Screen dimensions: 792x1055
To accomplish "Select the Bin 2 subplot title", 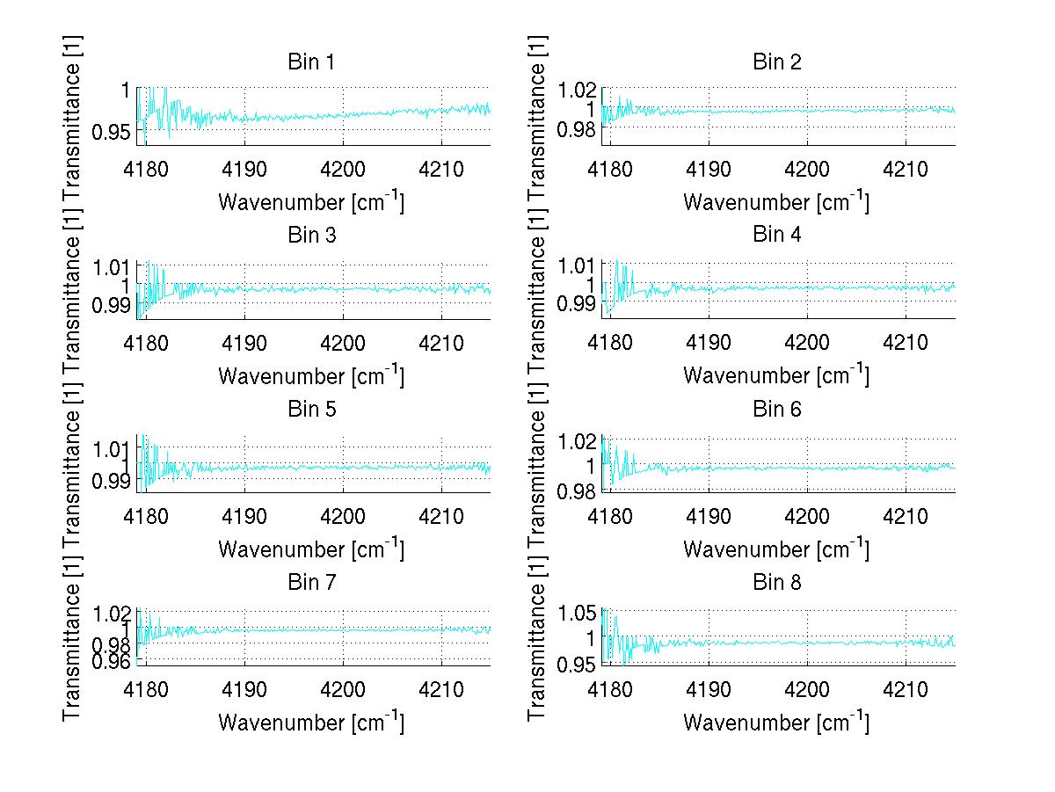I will coord(776,62).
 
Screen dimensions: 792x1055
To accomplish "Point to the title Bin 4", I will coord(776,236).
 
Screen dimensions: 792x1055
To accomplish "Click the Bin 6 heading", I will coord(776,410).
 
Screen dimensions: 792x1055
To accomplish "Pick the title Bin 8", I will coord(776,583).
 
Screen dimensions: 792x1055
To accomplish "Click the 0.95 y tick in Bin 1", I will coord(113,131).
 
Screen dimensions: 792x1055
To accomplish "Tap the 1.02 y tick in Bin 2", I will coord(578,90).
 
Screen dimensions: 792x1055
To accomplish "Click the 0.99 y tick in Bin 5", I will coord(113,480).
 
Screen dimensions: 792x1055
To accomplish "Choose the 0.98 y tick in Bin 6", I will coord(578,490).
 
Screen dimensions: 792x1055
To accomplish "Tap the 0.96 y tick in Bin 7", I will coord(113,662).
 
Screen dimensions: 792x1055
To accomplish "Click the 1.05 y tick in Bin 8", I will coord(578,613).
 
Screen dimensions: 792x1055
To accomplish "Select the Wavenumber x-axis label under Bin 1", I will coord(311,202).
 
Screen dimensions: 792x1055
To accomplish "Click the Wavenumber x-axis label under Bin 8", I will coord(776,723).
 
